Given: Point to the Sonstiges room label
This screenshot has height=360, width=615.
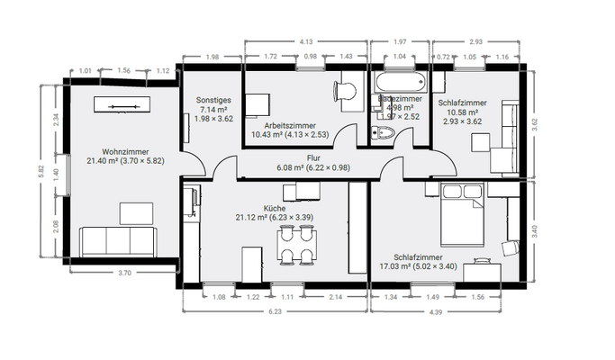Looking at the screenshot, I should [213, 100].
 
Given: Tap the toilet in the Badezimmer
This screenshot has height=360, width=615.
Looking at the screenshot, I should [384, 135].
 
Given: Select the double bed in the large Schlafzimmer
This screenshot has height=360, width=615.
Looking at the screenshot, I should [465, 217].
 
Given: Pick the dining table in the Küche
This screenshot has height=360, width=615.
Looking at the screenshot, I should [298, 245].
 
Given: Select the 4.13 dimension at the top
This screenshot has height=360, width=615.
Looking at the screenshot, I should [305, 41].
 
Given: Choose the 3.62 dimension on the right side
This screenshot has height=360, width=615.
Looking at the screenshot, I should [534, 127].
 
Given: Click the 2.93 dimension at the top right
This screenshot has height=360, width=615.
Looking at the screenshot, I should [475, 41].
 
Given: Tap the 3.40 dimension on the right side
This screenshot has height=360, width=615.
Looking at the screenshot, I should [534, 229].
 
